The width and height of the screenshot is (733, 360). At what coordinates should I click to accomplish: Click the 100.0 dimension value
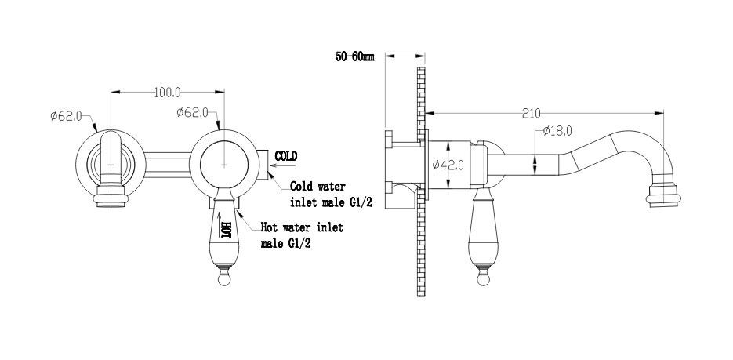tap(166, 93)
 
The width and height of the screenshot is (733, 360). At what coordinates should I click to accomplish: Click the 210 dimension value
tap(532, 112)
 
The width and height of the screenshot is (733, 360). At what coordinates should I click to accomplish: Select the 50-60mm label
tap(354, 57)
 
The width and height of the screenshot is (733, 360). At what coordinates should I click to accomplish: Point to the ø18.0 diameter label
tap(556, 132)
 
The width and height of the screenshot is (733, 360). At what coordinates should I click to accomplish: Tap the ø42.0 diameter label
tap(450, 165)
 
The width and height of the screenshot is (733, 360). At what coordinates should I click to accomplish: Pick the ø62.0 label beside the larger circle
tap(193, 112)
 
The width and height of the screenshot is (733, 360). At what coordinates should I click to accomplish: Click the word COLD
tap(286, 155)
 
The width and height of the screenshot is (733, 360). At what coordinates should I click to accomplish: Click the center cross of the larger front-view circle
tap(226, 165)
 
